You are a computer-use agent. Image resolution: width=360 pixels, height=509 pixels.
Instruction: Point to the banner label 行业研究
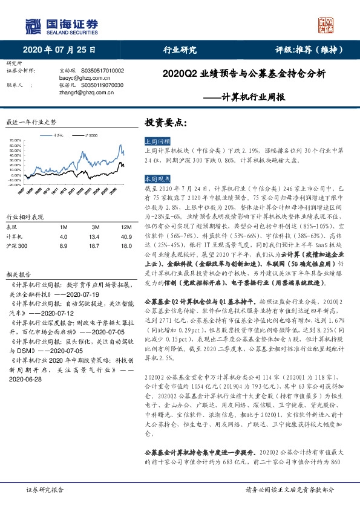[x=180, y=50]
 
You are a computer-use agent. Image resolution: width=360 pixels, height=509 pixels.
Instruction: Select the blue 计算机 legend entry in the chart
[x=56, y=135]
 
